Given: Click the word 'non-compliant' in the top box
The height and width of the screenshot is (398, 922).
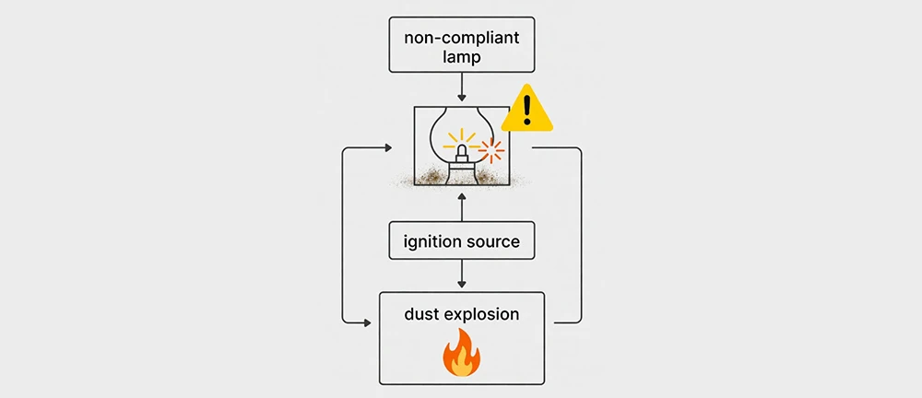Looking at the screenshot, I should (461, 39).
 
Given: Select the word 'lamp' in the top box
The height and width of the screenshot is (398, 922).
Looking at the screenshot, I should (461, 57).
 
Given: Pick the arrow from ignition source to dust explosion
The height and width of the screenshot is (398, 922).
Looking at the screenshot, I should (461, 275).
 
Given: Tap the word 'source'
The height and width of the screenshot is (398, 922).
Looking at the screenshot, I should (493, 242).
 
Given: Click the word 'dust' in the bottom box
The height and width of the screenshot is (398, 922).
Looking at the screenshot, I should (424, 314).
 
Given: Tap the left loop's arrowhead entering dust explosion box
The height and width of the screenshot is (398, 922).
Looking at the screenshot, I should (370, 322).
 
